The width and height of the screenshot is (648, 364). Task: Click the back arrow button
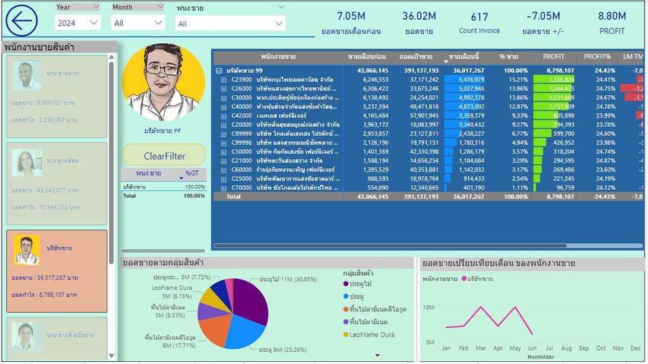(x=22, y=20)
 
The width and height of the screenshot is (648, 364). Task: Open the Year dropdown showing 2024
(x=78, y=22)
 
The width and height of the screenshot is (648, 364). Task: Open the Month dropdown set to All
(x=138, y=22)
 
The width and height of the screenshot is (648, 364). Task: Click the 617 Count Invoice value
(x=479, y=17)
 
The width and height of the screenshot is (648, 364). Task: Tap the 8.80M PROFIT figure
(x=612, y=16)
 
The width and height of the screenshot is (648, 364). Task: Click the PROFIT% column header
(x=597, y=57)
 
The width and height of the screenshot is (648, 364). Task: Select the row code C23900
(x=241, y=79)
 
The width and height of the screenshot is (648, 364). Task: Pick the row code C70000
(x=241, y=187)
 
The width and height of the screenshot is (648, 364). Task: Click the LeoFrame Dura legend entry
(x=372, y=334)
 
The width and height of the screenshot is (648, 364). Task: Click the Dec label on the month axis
(x=635, y=348)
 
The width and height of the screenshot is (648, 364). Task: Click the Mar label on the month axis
(x=481, y=348)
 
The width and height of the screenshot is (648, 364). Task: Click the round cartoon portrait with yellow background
(x=163, y=84)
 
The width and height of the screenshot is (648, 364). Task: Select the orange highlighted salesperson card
(x=57, y=271)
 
